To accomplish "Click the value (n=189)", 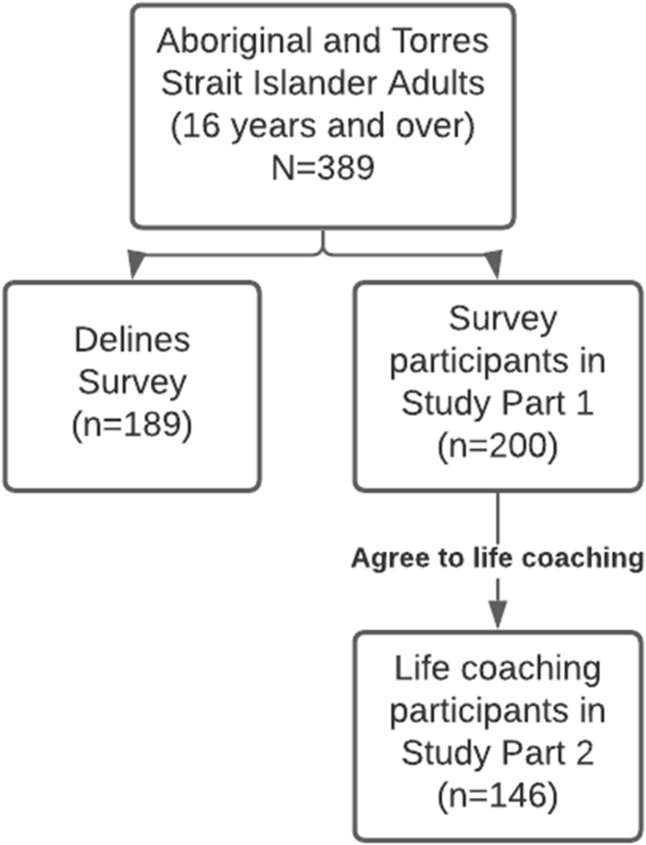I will [131, 424].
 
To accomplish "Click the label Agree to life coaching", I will [497, 556].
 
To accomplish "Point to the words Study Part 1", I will [497, 404].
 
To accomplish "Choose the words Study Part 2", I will [497, 754].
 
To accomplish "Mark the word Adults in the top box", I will [442, 84].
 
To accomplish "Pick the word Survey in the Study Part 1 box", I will [497, 322].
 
